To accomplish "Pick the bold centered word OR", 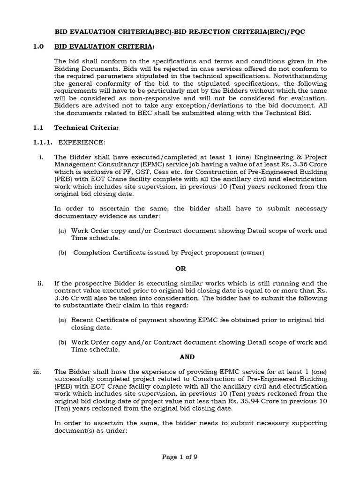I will (x=180, y=269).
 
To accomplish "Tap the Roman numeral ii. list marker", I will (x=40, y=284).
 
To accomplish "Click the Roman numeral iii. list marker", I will (x=38, y=372).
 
